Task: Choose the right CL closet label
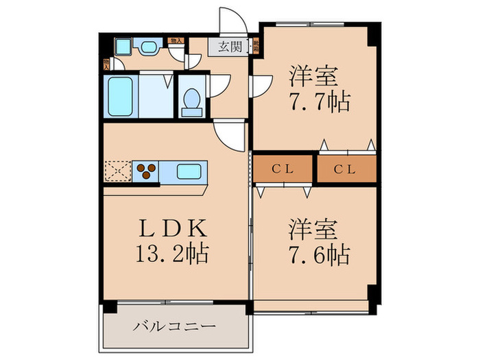coord(345,169)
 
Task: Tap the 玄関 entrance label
coord(230,47)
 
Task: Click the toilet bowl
coord(192,100)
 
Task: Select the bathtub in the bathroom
coord(121,97)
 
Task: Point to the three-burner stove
coord(145,171)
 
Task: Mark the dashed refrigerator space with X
coord(117,171)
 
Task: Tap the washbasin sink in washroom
coord(149,47)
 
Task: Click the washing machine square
coord(123,47)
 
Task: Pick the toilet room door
coord(219,85)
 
